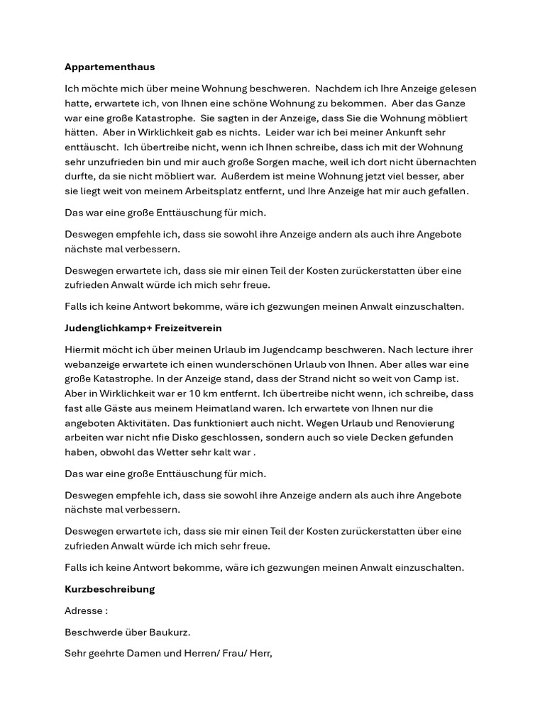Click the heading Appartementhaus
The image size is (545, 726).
(109, 67)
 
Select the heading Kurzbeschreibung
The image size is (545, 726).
(109, 589)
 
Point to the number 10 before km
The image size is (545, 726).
(230, 393)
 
